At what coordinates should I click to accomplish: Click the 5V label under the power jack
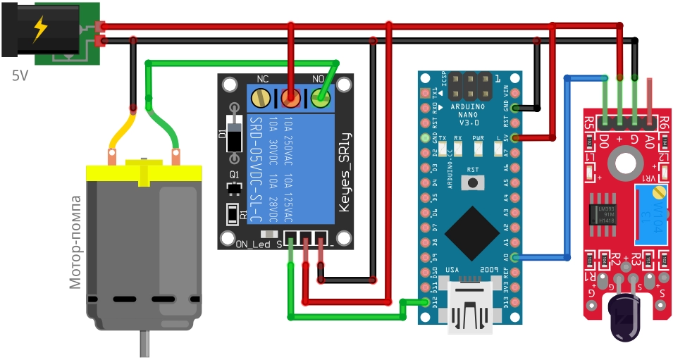pos(20,74)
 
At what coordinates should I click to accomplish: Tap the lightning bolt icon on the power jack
pos(41,29)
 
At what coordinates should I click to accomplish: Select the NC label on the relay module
pos(263,79)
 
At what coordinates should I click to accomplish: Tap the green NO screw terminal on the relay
pos(321,98)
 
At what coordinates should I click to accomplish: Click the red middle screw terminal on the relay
pos(291,98)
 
